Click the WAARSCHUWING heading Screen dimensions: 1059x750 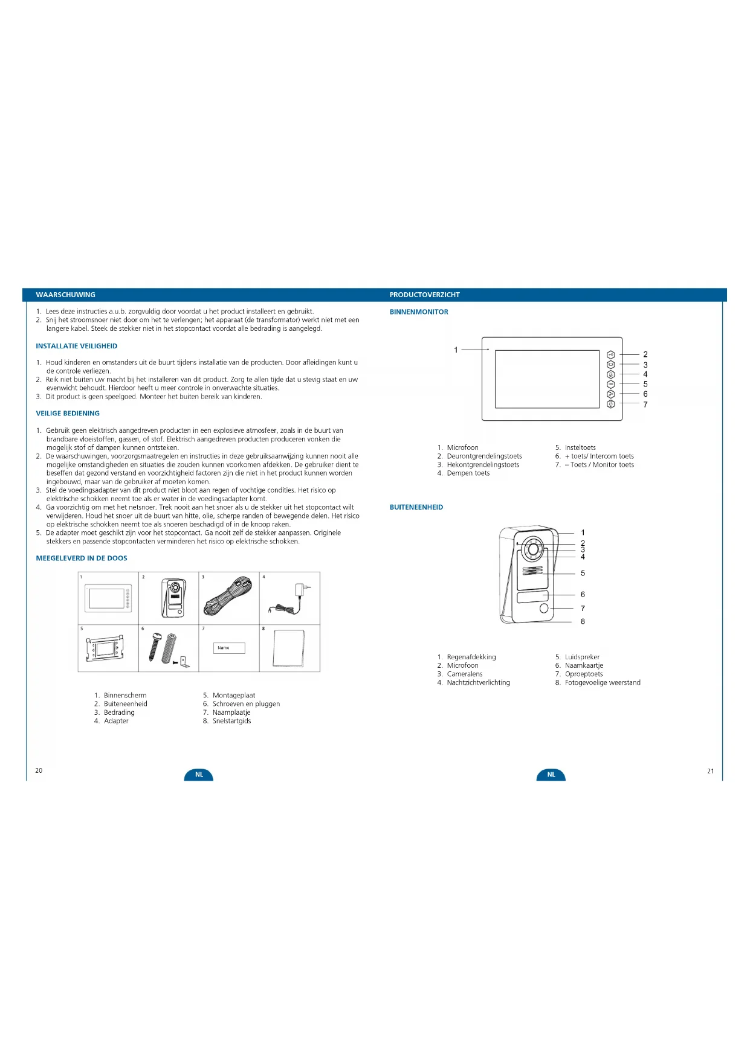pos(65,295)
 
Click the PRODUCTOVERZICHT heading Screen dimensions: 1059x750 pos(424,295)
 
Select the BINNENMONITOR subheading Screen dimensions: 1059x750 pos(419,312)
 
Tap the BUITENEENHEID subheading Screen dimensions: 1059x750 pos(416,507)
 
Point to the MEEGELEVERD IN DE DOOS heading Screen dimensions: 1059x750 pos(82,558)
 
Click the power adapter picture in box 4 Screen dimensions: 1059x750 pos(289,599)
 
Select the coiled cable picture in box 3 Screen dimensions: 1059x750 pos(228,597)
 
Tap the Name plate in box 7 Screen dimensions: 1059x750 pos(228,648)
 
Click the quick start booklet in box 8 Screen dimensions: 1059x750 pos(289,648)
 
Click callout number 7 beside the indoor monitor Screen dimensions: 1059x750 pos(645,405)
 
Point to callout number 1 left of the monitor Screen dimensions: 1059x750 pos(456,350)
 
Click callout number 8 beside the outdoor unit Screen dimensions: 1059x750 pos(583,621)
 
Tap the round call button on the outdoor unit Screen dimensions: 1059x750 pos(544,609)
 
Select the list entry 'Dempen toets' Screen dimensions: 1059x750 pos(468,473)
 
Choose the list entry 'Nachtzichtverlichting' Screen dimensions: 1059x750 pos(478,683)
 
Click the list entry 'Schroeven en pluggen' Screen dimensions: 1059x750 pos(246,704)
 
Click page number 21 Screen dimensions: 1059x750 pos(710,771)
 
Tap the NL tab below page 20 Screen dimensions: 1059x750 pos(199,775)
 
